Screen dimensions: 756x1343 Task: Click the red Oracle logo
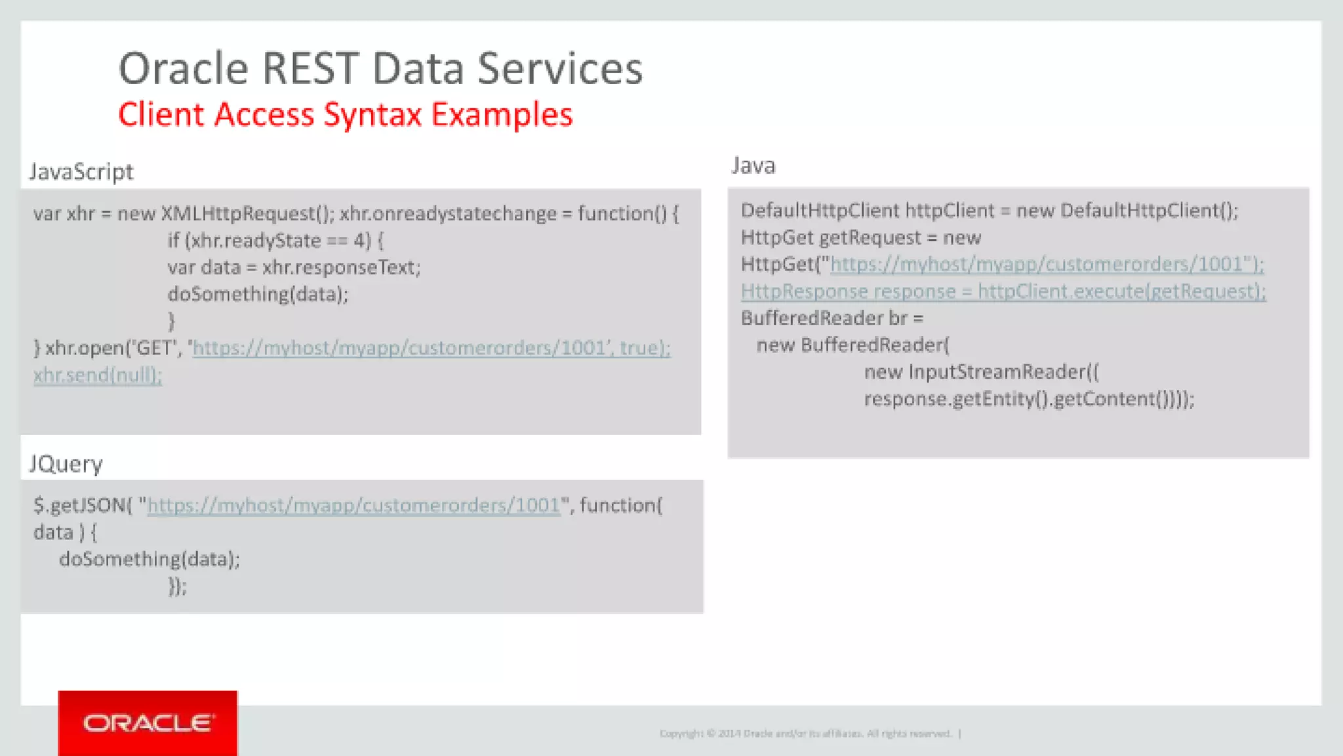tap(148, 723)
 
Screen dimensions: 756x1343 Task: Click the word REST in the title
tap(310, 68)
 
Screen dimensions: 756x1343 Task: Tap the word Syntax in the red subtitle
tap(372, 115)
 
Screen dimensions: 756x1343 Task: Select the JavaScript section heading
tap(81, 172)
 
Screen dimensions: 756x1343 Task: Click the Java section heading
tap(753, 165)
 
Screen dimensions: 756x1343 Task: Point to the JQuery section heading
tap(66, 464)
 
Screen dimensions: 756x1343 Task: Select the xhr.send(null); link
tap(97, 375)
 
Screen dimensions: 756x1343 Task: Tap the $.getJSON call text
tap(83, 505)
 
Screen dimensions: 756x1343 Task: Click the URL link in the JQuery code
tap(353, 505)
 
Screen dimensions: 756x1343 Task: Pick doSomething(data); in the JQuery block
tap(150, 559)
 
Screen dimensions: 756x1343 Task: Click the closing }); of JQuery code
tap(177, 586)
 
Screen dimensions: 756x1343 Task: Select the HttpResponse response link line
tap(1003, 291)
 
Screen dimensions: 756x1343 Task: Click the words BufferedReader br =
tap(832, 318)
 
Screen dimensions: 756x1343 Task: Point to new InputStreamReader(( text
tap(981, 372)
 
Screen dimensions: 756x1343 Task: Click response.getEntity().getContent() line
tap(1028, 399)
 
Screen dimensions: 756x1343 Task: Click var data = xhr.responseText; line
tap(294, 268)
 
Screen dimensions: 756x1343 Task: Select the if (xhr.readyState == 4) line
tap(275, 241)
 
